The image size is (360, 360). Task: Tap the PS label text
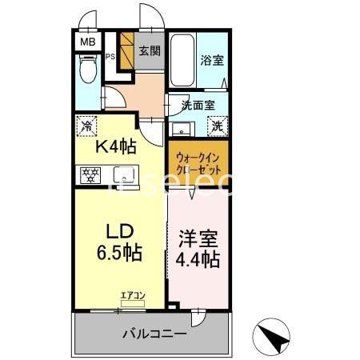[111, 57]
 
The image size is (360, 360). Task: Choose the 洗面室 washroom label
[197, 104]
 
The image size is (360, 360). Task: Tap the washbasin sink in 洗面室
[180, 128]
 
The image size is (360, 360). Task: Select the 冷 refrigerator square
[87, 126]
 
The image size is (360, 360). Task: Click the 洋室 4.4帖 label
[198, 248]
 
